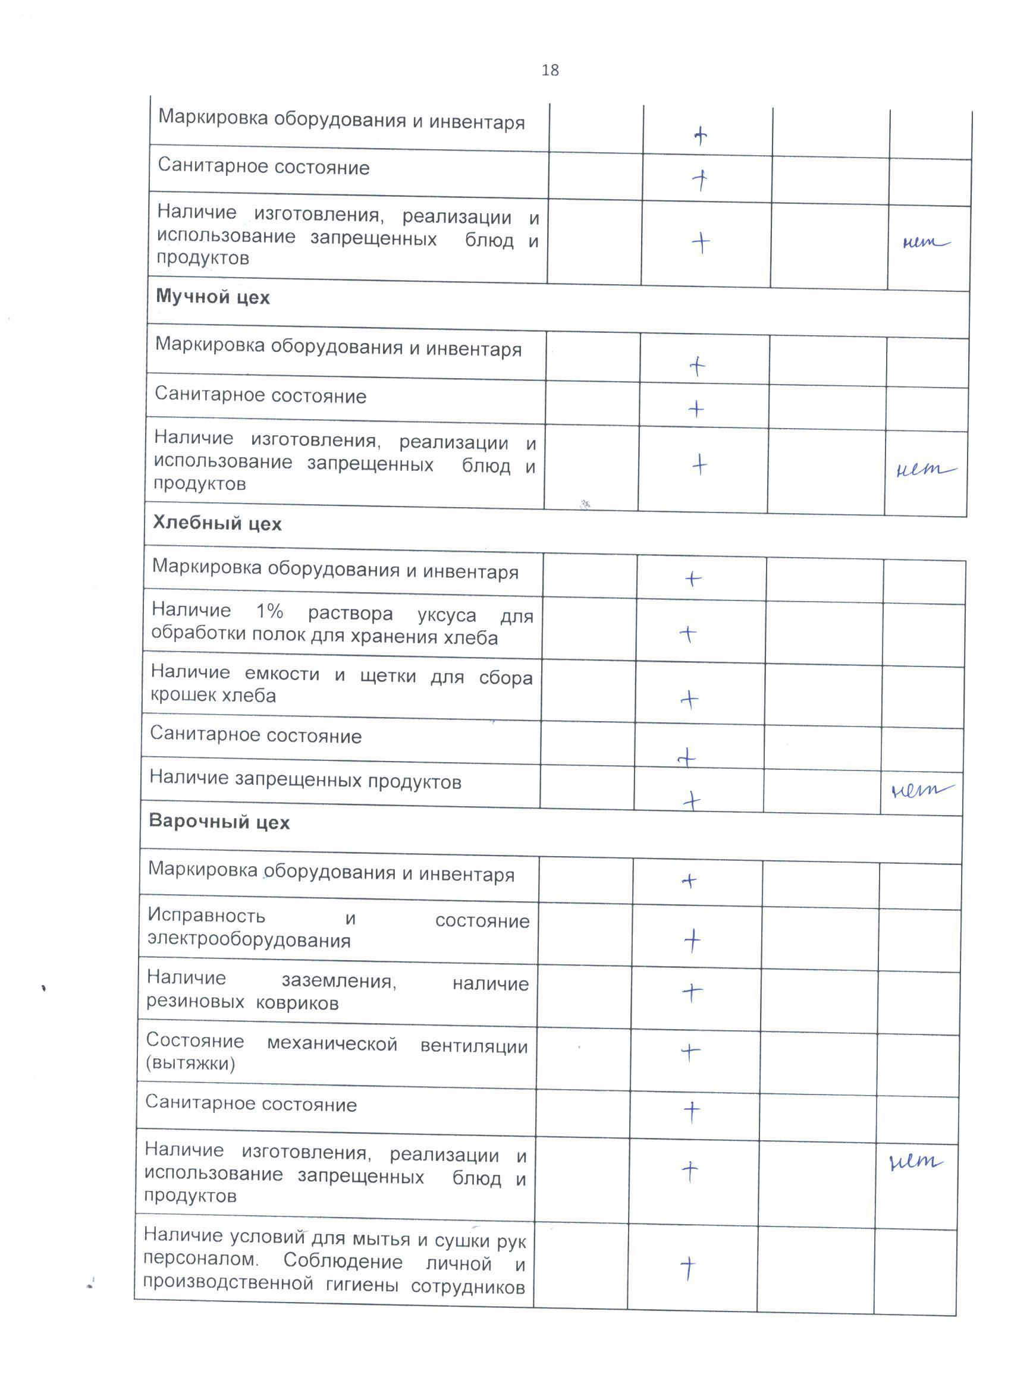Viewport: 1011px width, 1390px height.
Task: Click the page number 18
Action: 550,71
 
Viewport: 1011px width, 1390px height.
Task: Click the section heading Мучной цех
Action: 213,297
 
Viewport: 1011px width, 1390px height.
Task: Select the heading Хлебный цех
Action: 217,523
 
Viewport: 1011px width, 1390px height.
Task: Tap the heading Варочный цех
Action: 219,822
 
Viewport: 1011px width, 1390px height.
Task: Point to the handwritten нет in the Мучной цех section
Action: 925,470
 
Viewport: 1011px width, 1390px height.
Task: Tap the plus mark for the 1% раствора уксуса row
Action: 689,634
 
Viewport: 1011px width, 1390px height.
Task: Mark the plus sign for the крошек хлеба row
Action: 690,699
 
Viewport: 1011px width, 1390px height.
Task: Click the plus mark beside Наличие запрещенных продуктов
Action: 691,800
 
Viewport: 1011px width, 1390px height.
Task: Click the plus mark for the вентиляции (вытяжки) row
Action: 690,1052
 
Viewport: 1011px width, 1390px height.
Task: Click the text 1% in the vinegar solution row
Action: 269,611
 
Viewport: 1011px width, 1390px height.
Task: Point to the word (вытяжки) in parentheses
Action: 191,1064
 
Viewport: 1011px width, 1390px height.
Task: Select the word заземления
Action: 338,981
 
